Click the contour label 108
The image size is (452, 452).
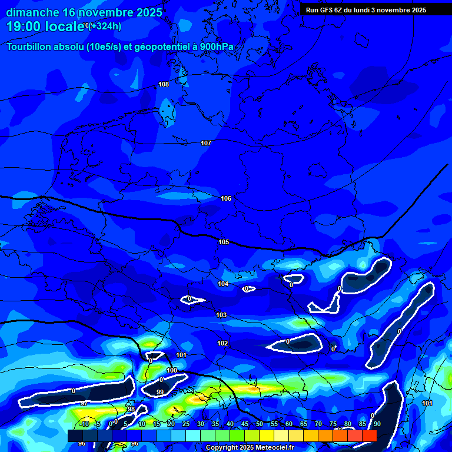pos(164,84)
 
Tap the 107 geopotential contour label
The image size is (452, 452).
pos(206,143)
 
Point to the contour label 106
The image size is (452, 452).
pos(226,198)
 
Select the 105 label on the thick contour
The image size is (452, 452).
pos(224,242)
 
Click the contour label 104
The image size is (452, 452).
pos(223,284)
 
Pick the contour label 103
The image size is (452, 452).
pos(221,315)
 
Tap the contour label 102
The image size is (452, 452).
pos(222,343)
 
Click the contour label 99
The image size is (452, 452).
pos(160,392)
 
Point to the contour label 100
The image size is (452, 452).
pos(172,370)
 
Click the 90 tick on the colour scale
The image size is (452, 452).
pos(377,424)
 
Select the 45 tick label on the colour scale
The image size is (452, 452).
pos(245,424)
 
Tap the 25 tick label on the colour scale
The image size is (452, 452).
pos(186,424)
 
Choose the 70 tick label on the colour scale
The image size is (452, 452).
pos(318,424)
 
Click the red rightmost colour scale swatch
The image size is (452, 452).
pos(369,436)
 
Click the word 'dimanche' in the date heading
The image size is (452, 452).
pos(32,12)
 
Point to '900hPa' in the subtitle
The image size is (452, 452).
pos(217,47)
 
